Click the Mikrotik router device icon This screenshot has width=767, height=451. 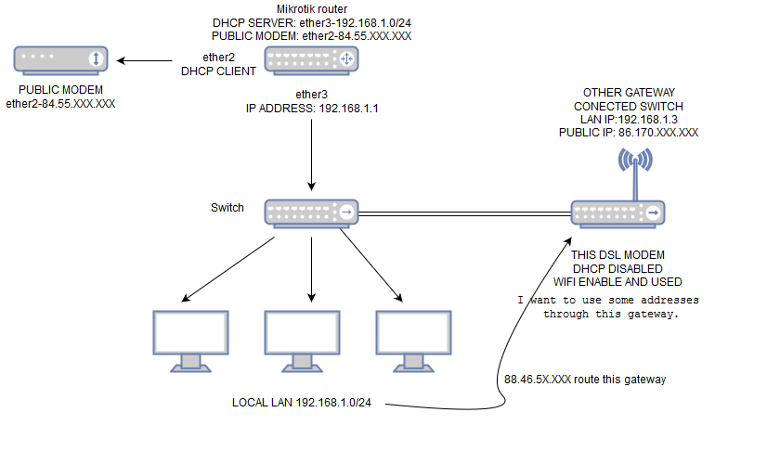click(311, 59)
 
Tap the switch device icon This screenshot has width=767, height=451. click(311, 213)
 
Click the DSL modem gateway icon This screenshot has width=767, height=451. click(617, 213)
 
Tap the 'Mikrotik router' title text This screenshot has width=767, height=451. click(311, 8)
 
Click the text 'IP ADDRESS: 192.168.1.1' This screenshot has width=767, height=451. click(312, 108)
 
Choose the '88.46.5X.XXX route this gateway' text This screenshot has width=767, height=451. click(585, 380)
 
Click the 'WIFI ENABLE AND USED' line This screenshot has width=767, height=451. click(617, 281)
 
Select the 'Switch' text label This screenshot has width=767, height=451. click(227, 207)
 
